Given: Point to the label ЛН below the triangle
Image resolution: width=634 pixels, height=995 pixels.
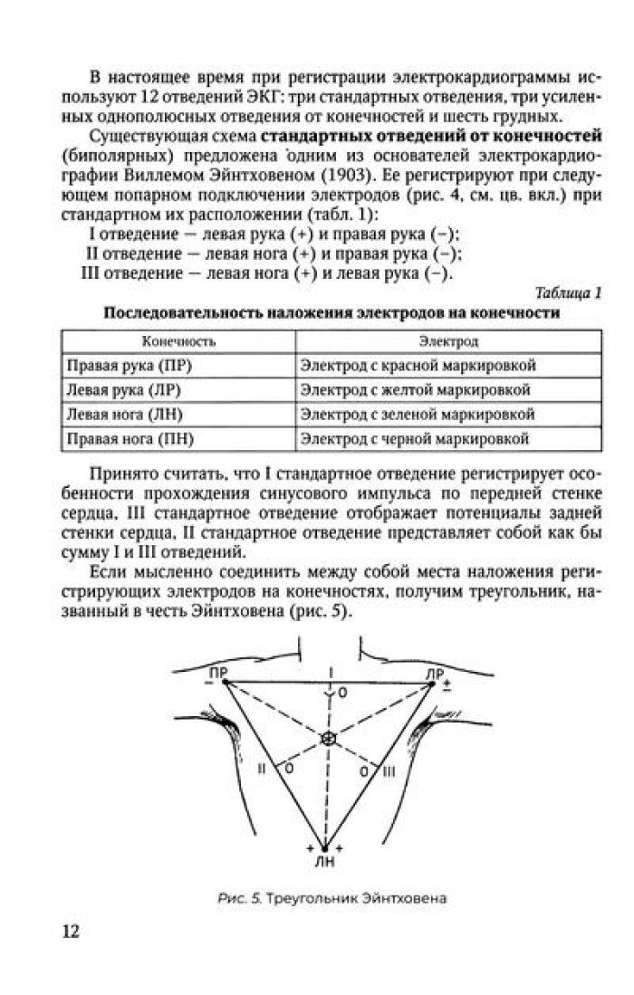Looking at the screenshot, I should click(x=323, y=862).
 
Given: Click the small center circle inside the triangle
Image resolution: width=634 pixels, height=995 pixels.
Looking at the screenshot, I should click(x=327, y=739).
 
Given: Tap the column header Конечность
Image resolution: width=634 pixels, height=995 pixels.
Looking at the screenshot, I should click(x=178, y=343).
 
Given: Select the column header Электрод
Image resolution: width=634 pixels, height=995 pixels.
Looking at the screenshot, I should click(x=448, y=343).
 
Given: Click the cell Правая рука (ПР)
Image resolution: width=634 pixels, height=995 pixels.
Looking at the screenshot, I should click(x=131, y=366).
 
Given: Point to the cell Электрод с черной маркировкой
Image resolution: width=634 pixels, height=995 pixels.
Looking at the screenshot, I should click(x=415, y=439).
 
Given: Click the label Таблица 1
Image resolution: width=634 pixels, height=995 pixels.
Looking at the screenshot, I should click(x=568, y=292).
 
